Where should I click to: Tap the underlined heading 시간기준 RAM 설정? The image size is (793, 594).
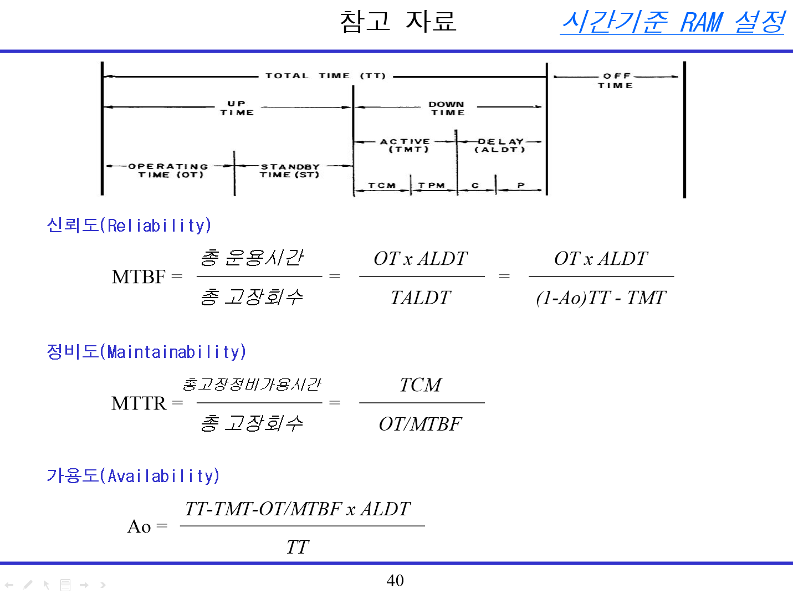[x=673, y=22]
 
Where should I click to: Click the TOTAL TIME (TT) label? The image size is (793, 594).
[x=325, y=76]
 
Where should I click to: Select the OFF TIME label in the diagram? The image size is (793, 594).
[x=616, y=81]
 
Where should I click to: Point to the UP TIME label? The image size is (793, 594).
[x=237, y=108]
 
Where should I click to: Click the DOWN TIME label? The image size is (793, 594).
[x=447, y=108]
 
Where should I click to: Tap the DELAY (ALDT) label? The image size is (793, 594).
[x=500, y=145]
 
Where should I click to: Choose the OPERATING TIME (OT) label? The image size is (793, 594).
[x=169, y=171]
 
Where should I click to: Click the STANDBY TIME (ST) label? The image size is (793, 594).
[x=290, y=171]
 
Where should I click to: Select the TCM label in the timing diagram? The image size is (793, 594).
[x=382, y=186]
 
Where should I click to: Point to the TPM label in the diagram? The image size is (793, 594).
[x=432, y=186]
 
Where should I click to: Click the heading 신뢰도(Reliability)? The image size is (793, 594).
[x=129, y=226]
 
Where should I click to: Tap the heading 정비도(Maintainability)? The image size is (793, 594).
[x=146, y=352]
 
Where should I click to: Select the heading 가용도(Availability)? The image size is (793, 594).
[x=133, y=476]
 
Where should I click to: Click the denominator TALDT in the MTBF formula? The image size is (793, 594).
[x=421, y=298]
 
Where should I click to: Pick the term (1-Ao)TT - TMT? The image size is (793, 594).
[x=601, y=298]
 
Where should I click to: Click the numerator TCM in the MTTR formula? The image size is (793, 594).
[x=421, y=385]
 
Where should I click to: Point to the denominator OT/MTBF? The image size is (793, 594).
[x=421, y=424]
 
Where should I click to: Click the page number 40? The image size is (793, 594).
[x=395, y=580]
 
